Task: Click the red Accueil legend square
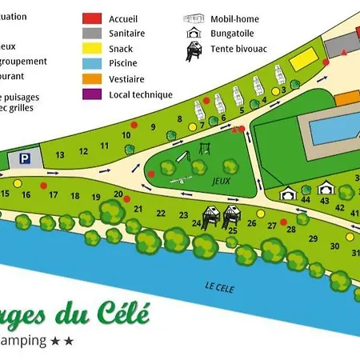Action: (x=93, y=18)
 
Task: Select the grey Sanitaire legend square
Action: (x=93, y=33)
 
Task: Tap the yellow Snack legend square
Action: (x=93, y=48)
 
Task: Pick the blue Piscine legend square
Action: (x=93, y=63)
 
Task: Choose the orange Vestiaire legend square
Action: (x=93, y=78)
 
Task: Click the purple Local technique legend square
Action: (x=93, y=94)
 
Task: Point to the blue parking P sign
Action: (x=26, y=159)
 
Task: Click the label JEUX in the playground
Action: (x=210, y=182)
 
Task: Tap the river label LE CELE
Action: (x=218, y=288)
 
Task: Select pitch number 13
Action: (x=60, y=154)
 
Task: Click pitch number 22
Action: (x=161, y=213)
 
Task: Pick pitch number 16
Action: (x=26, y=194)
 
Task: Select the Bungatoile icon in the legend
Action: (x=193, y=33)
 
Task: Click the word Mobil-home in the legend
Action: (x=235, y=17)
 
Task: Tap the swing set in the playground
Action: (x=204, y=150)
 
